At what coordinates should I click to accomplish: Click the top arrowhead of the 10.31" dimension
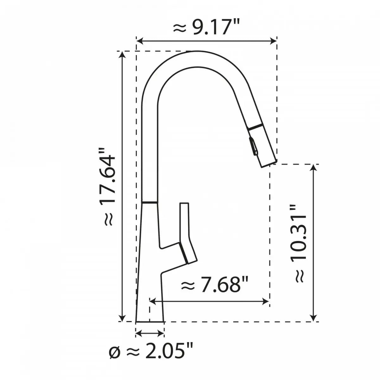coord(313,168)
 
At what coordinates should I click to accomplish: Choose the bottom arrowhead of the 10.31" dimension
coord(313,318)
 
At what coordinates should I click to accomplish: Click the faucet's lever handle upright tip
coord(184,204)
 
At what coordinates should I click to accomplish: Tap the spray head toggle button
coord(254,146)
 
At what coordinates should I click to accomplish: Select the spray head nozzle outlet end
coord(269,163)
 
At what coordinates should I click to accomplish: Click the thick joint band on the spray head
coord(255,127)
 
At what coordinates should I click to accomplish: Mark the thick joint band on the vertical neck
coord(149,202)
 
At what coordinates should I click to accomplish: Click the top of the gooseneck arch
coord(196,51)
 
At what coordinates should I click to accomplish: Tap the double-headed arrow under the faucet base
coord(150,333)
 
